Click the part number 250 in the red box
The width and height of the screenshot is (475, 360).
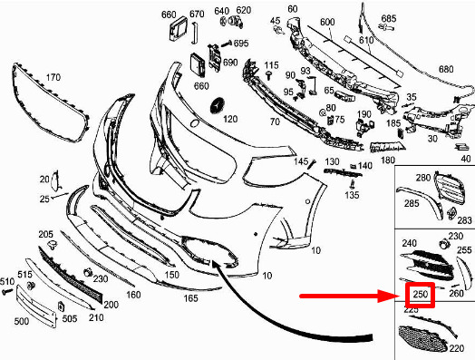point(421,294)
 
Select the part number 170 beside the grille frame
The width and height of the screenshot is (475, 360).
point(53,77)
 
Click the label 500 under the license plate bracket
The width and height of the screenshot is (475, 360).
point(22,321)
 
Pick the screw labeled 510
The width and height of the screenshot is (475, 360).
point(7,292)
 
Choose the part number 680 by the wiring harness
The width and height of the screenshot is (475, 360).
point(446,69)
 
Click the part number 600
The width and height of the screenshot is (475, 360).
point(327,22)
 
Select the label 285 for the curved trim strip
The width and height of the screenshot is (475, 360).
point(412,203)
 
